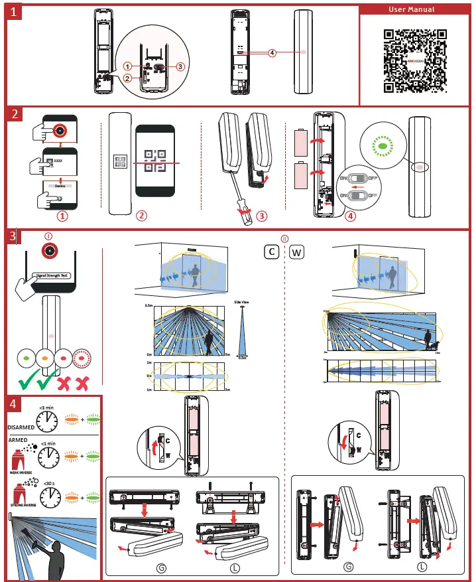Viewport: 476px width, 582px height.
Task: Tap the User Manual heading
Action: point(416,10)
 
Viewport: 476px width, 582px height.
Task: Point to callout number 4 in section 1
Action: point(272,52)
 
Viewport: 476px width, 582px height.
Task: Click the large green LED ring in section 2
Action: point(383,145)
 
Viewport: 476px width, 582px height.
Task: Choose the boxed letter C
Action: point(271,252)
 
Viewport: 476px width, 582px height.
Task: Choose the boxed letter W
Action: point(297,252)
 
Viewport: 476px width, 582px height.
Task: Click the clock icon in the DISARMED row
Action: point(48,420)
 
